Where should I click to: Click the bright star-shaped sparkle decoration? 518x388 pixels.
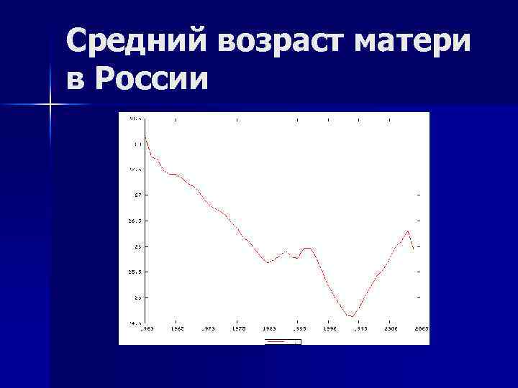tap(50, 105)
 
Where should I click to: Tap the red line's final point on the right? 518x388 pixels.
tap(414, 250)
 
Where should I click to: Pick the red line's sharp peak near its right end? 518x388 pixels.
tap(408, 231)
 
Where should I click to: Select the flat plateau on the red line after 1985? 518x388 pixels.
tap(307, 248)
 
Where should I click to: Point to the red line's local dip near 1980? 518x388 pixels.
tap(268, 263)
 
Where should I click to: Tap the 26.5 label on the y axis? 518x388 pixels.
tap(135, 221)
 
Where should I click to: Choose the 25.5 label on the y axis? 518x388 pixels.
tap(135, 272)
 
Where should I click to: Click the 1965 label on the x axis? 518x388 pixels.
tap(177, 328)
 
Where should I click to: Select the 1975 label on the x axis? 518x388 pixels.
tap(239, 328)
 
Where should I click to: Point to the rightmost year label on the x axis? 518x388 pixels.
tap(421, 328)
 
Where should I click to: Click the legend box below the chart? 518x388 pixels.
tap(283, 342)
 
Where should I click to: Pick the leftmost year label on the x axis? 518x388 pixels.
tap(146, 328)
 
